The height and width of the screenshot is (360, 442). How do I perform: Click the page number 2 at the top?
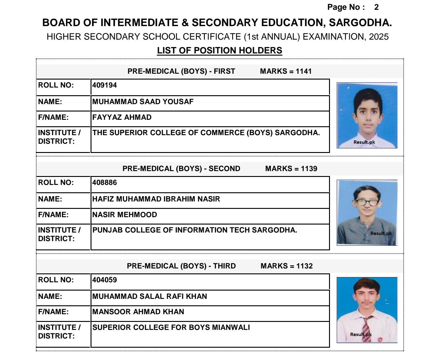click(376, 7)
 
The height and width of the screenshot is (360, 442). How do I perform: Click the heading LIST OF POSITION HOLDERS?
click(219, 51)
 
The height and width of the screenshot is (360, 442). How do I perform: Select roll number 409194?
click(105, 85)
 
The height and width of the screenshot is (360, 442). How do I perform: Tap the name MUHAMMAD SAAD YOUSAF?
click(143, 102)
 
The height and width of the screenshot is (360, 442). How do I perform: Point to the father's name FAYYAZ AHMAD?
click(122, 117)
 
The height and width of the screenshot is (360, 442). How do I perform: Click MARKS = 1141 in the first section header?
click(286, 71)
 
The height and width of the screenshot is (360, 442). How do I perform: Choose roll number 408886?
click(105, 183)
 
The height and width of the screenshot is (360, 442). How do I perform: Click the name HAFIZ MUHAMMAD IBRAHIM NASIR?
click(156, 199)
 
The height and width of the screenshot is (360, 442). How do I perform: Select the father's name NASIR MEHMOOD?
click(125, 215)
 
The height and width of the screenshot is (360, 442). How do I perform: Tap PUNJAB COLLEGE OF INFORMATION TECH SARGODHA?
click(195, 230)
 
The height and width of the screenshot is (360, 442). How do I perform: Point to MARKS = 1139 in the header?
click(291, 169)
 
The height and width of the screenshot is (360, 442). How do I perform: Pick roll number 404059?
click(105, 280)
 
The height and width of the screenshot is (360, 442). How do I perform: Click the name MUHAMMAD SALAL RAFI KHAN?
click(149, 296)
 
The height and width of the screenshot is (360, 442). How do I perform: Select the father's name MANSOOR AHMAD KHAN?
click(138, 312)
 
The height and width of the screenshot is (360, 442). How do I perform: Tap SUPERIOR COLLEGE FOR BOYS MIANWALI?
click(171, 327)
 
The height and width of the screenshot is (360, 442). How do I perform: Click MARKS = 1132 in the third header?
click(286, 266)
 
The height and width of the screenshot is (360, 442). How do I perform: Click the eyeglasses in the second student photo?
click(367, 202)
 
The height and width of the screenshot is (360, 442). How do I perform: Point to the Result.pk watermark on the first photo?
click(364, 142)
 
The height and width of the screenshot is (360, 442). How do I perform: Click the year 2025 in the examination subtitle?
click(379, 37)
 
